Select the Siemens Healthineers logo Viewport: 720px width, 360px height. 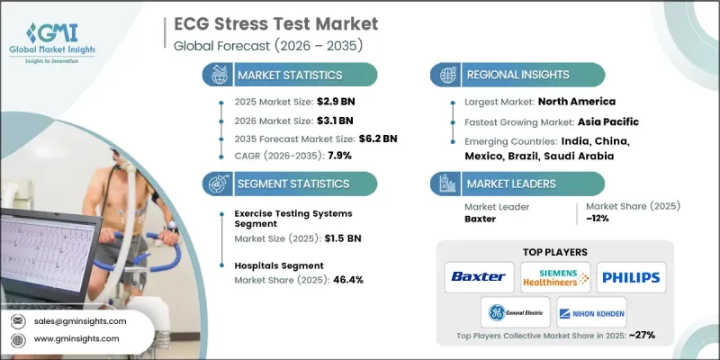click(x=555, y=276)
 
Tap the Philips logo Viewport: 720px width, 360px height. click(x=631, y=276)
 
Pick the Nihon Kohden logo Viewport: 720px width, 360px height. click(x=592, y=313)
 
